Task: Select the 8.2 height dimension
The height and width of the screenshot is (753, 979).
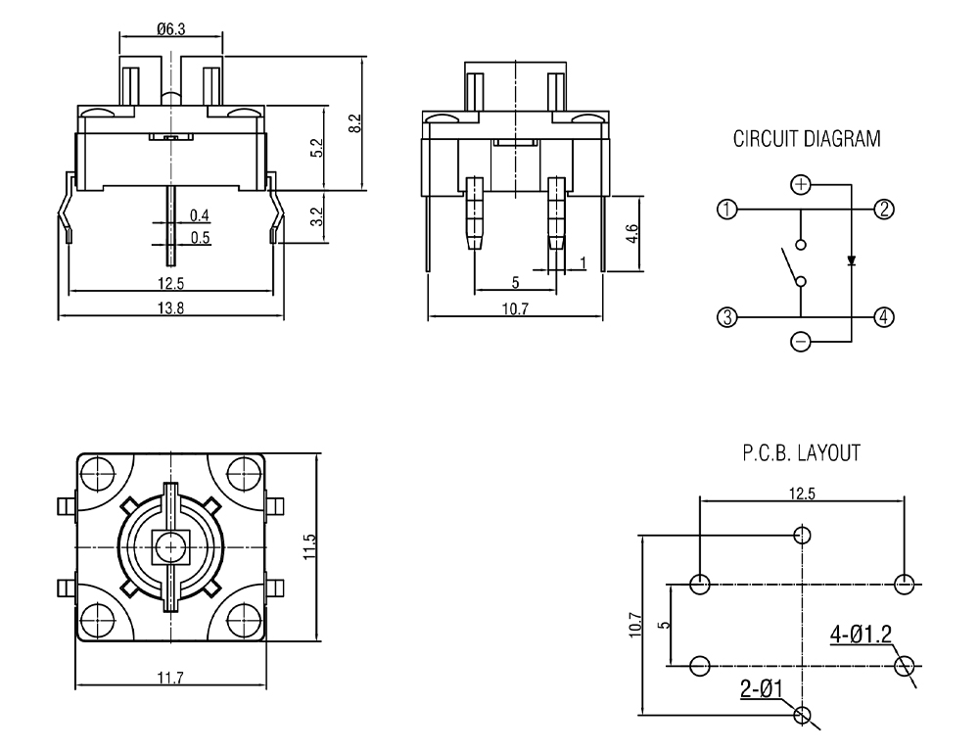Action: coord(354,123)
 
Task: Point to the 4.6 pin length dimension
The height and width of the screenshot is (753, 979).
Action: coord(631,234)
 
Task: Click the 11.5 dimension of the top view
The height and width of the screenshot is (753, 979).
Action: coord(310,546)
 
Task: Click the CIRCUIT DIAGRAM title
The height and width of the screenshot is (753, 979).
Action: coord(806,140)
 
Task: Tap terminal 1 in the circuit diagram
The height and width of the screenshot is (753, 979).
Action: coord(726,210)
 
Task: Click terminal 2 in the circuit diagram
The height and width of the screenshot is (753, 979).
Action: coord(883,210)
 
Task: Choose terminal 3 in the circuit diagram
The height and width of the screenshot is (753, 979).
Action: coord(726,317)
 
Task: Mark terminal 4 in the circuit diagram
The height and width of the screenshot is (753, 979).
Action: coord(883,317)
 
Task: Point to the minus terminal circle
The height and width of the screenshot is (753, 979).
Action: coord(801,342)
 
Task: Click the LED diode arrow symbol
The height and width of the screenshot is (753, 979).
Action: coord(851,261)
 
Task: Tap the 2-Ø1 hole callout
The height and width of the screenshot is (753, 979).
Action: coord(761,690)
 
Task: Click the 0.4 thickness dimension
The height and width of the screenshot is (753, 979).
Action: coord(200,215)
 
